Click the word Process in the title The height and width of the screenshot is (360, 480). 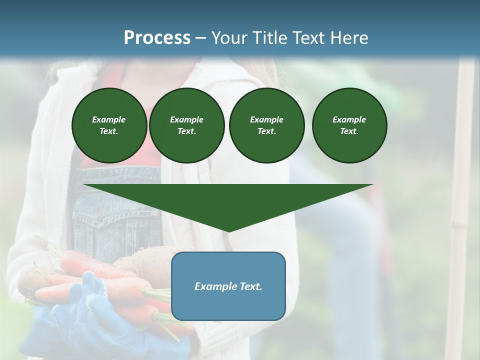(x=157, y=38)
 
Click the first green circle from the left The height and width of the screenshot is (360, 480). (x=109, y=125)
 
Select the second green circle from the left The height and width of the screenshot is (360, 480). (x=186, y=125)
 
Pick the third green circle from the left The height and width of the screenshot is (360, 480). (x=266, y=125)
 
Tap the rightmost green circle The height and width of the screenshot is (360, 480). (x=349, y=125)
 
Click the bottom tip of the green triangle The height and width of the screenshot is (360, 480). (x=228, y=230)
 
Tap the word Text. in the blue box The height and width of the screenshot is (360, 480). (x=249, y=286)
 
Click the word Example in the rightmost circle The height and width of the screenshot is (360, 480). (x=349, y=119)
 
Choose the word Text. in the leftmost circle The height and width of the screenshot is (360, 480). (x=109, y=131)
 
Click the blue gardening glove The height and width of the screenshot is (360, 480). (x=90, y=315)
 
